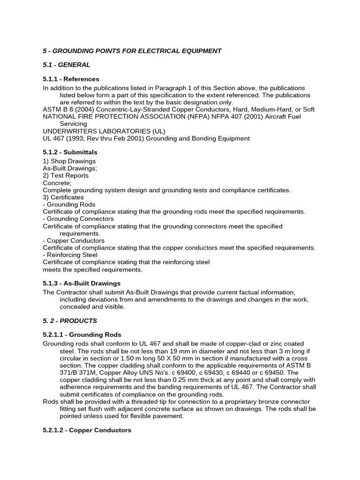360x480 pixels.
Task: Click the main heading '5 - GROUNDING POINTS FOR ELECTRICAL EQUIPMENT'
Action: click(x=132, y=51)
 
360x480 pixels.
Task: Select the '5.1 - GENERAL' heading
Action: click(x=66, y=65)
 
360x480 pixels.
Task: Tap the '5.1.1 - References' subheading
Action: click(x=71, y=79)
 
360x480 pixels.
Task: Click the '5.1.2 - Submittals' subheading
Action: click(x=70, y=152)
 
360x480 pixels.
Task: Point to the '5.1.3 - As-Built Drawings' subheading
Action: click(x=82, y=283)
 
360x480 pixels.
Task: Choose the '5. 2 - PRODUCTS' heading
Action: click(x=70, y=321)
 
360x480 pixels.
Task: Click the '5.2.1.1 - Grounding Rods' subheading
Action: click(x=82, y=335)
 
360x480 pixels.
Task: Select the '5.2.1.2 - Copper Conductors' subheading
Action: click(x=87, y=430)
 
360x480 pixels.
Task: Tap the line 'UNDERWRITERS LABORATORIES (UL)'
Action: click(x=104, y=131)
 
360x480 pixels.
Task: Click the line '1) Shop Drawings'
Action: click(x=69, y=161)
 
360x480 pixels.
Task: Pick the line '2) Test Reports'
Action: click(x=66, y=176)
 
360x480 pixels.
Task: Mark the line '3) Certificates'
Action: click(x=63, y=197)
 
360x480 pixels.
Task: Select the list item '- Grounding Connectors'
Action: click(x=78, y=219)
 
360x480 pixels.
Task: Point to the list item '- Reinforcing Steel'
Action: click(x=70, y=255)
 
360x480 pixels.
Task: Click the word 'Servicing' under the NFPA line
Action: click(x=73, y=124)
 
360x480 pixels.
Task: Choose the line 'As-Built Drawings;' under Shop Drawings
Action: click(x=70, y=168)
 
